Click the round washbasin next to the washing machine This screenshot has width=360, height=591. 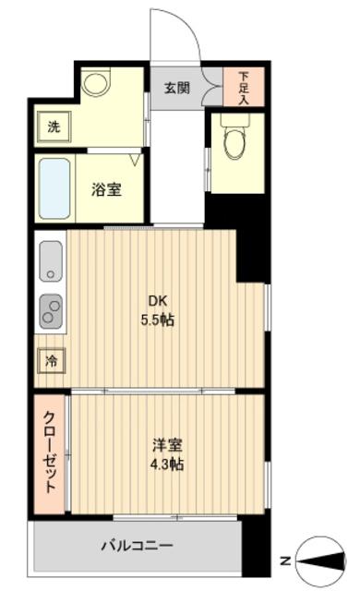(95, 85)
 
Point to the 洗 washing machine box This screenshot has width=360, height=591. (54, 127)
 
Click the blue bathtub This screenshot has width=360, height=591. (54, 188)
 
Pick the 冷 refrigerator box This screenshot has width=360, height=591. (51, 360)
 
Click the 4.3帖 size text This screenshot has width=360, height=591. (167, 464)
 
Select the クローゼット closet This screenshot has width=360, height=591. (51, 452)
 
